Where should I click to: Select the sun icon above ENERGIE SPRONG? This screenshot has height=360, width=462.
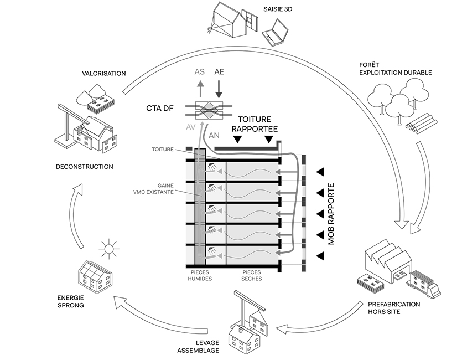[x=109, y=249]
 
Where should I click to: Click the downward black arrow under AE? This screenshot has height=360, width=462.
[x=219, y=88]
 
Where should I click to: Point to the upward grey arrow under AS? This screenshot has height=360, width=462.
[x=200, y=88]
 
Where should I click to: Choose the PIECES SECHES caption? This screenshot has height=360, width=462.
[x=252, y=276]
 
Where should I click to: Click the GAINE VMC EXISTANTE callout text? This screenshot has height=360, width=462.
[x=173, y=188]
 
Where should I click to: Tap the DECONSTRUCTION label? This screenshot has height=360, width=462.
[x=85, y=167]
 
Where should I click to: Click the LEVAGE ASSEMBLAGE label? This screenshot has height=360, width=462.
[x=197, y=346]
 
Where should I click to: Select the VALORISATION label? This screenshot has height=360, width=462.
[x=103, y=73]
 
